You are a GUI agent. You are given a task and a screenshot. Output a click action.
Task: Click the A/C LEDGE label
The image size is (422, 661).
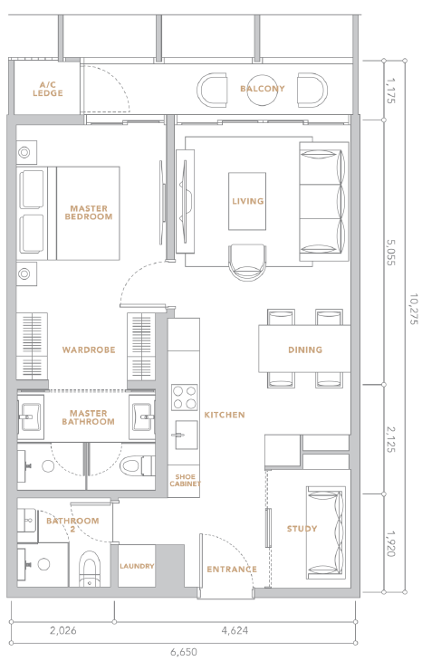(x=48, y=89)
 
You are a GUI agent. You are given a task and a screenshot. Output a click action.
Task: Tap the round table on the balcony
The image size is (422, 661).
(x=263, y=90)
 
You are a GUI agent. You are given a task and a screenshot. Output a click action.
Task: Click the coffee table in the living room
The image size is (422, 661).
(x=247, y=201)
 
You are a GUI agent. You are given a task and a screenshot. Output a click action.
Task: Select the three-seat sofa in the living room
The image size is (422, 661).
(x=324, y=201)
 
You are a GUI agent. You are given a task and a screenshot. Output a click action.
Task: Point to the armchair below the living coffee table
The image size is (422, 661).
(x=247, y=263)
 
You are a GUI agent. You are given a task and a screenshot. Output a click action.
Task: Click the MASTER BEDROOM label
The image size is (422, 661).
(x=89, y=213)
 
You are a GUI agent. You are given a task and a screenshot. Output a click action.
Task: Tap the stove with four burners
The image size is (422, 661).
(x=185, y=398)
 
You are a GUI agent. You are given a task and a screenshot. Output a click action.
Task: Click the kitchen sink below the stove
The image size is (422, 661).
(x=186, y=435)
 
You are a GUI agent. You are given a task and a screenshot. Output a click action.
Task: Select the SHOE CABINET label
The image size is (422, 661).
(x=185, y=480)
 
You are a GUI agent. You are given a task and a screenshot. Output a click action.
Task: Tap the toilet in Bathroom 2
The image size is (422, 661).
(x=90, y=569)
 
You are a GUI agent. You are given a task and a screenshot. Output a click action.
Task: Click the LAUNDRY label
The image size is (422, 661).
(x=137, y=566)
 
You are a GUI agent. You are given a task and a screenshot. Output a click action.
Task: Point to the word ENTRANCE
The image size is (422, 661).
(x=232, y=570)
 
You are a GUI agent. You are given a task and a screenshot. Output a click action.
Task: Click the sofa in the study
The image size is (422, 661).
(x=326, y=532)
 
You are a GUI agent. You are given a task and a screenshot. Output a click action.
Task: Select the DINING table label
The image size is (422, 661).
(x=305, y=350)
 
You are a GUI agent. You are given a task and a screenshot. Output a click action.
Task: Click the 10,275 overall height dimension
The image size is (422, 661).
(x=413, y=309)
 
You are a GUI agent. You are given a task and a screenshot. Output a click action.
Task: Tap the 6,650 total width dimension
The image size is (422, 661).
(x=184, y=652)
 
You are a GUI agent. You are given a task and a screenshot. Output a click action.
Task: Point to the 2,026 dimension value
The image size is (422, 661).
(x=63, y=630)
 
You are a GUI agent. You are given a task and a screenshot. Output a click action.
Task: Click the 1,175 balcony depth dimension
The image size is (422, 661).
(x=391, y=91)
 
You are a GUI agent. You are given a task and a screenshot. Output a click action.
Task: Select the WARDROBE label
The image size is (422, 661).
(x=89, y=350)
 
